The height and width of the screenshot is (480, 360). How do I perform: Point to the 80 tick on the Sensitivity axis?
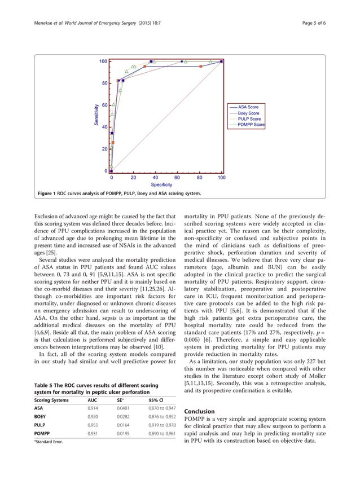pyautogui.click(x=104, y=83)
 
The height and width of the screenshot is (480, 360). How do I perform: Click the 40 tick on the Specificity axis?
pyautogui.click(x=155, y=177)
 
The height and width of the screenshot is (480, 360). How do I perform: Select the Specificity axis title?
pyautogui.click(x=161, y=185)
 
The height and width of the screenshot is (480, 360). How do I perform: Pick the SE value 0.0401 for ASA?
pyautogui.click(x=124, y=407)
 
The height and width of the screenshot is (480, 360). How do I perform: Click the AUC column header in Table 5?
pyautogui.click(x=98, y=398)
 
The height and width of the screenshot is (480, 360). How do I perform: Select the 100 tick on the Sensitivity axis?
pyautogui.click(x=104, y=61)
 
